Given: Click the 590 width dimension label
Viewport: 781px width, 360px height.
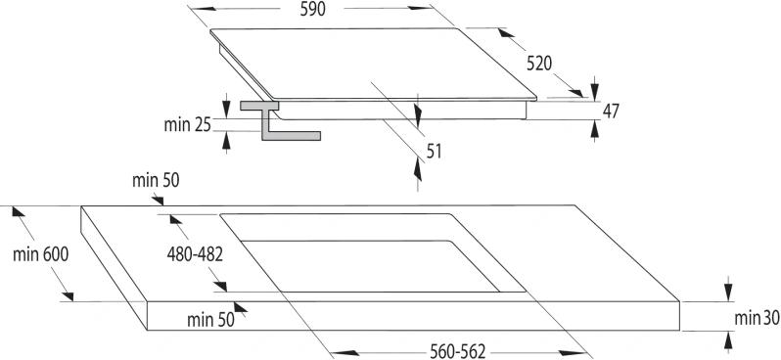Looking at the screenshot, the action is point(313,9).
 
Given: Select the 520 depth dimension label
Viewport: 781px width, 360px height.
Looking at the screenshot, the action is point(539,64).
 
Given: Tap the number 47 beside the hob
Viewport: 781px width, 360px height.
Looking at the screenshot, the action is point(611,112).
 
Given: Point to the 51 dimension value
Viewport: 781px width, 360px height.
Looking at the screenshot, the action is point(434,152).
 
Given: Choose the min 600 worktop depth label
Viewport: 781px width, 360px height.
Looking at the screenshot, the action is point(41,254).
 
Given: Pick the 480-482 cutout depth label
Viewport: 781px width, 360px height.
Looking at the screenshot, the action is point(195,254).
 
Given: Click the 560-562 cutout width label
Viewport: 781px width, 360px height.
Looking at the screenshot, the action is point(457,351).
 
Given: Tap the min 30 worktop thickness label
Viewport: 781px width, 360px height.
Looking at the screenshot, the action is point(758,318).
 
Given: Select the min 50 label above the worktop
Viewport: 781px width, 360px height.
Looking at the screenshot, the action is point(156,181).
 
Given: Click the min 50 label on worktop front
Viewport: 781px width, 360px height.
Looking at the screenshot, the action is point(210,320).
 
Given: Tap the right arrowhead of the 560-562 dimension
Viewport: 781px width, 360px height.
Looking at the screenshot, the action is point(571,353).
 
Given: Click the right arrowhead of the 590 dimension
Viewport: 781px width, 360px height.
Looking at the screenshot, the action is point(420,8).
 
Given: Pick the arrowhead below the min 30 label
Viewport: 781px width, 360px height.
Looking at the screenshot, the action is point(728,342).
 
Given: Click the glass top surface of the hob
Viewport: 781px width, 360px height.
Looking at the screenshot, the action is point(374,64).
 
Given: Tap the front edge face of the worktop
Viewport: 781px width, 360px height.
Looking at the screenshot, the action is point(413,316).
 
